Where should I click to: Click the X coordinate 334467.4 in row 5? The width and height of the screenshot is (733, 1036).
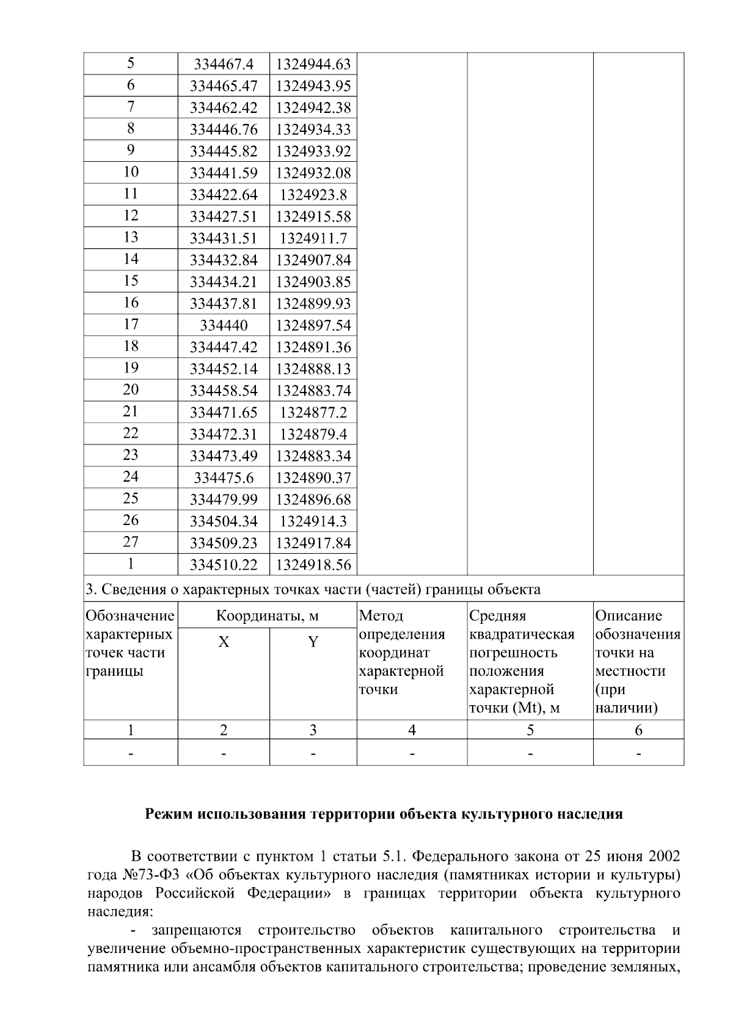224,64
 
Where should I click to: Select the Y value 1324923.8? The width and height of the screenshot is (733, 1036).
313,195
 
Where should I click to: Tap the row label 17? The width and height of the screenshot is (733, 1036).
131,324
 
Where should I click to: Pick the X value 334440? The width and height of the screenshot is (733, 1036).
224,325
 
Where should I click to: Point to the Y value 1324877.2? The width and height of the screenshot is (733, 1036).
313,413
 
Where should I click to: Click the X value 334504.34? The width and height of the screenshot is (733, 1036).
224,521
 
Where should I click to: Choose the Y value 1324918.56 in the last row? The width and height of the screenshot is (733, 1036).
313,565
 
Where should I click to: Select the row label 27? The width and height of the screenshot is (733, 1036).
131,542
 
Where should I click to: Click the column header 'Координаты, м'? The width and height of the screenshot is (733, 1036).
267,616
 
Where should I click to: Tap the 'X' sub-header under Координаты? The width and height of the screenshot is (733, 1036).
224,642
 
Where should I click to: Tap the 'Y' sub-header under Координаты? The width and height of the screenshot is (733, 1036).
313,642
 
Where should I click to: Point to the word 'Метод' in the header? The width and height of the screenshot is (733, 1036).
381,616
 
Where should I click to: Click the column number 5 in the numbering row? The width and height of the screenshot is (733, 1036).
530,730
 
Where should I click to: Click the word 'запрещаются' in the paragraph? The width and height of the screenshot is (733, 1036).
196,930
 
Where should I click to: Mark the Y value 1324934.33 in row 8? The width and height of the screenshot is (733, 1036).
313,129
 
